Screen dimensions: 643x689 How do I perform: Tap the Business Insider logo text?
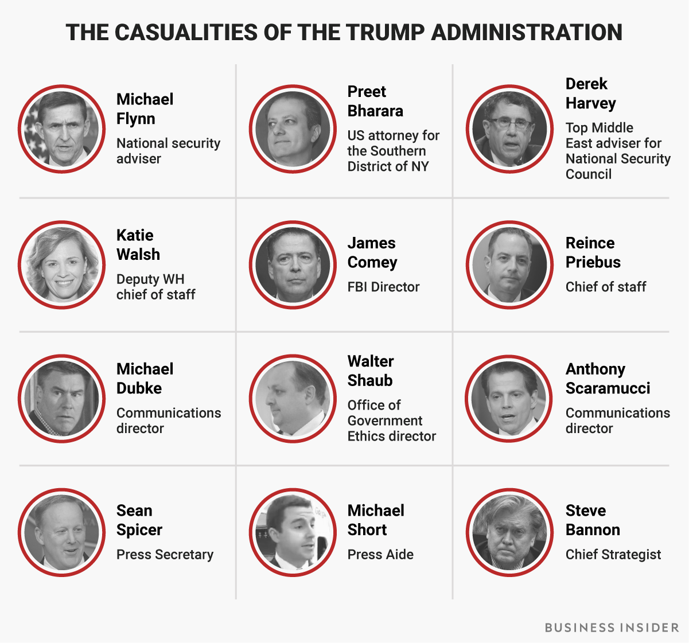612,628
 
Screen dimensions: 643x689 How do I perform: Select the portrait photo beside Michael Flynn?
62,129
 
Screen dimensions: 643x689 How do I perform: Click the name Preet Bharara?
375,102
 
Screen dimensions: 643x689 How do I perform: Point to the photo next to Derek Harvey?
509,129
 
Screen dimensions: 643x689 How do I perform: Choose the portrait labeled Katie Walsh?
62,264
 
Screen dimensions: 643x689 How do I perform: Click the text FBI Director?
383,287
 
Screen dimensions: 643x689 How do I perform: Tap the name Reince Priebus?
593,252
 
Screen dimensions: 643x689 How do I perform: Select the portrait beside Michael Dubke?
62,398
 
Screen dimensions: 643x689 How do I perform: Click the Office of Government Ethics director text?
391,420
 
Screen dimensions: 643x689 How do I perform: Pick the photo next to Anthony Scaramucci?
509,398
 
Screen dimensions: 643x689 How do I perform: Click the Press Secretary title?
165,555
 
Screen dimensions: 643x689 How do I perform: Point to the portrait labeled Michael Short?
293,532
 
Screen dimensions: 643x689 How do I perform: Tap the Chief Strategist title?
613,555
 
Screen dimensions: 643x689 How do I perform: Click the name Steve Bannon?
592,520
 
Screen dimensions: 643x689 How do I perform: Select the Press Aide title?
380,555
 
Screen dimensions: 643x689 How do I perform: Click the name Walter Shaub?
371,371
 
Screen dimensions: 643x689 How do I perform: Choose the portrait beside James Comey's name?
293,264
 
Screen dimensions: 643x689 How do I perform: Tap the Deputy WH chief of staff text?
155,287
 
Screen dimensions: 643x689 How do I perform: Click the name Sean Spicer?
139,520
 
